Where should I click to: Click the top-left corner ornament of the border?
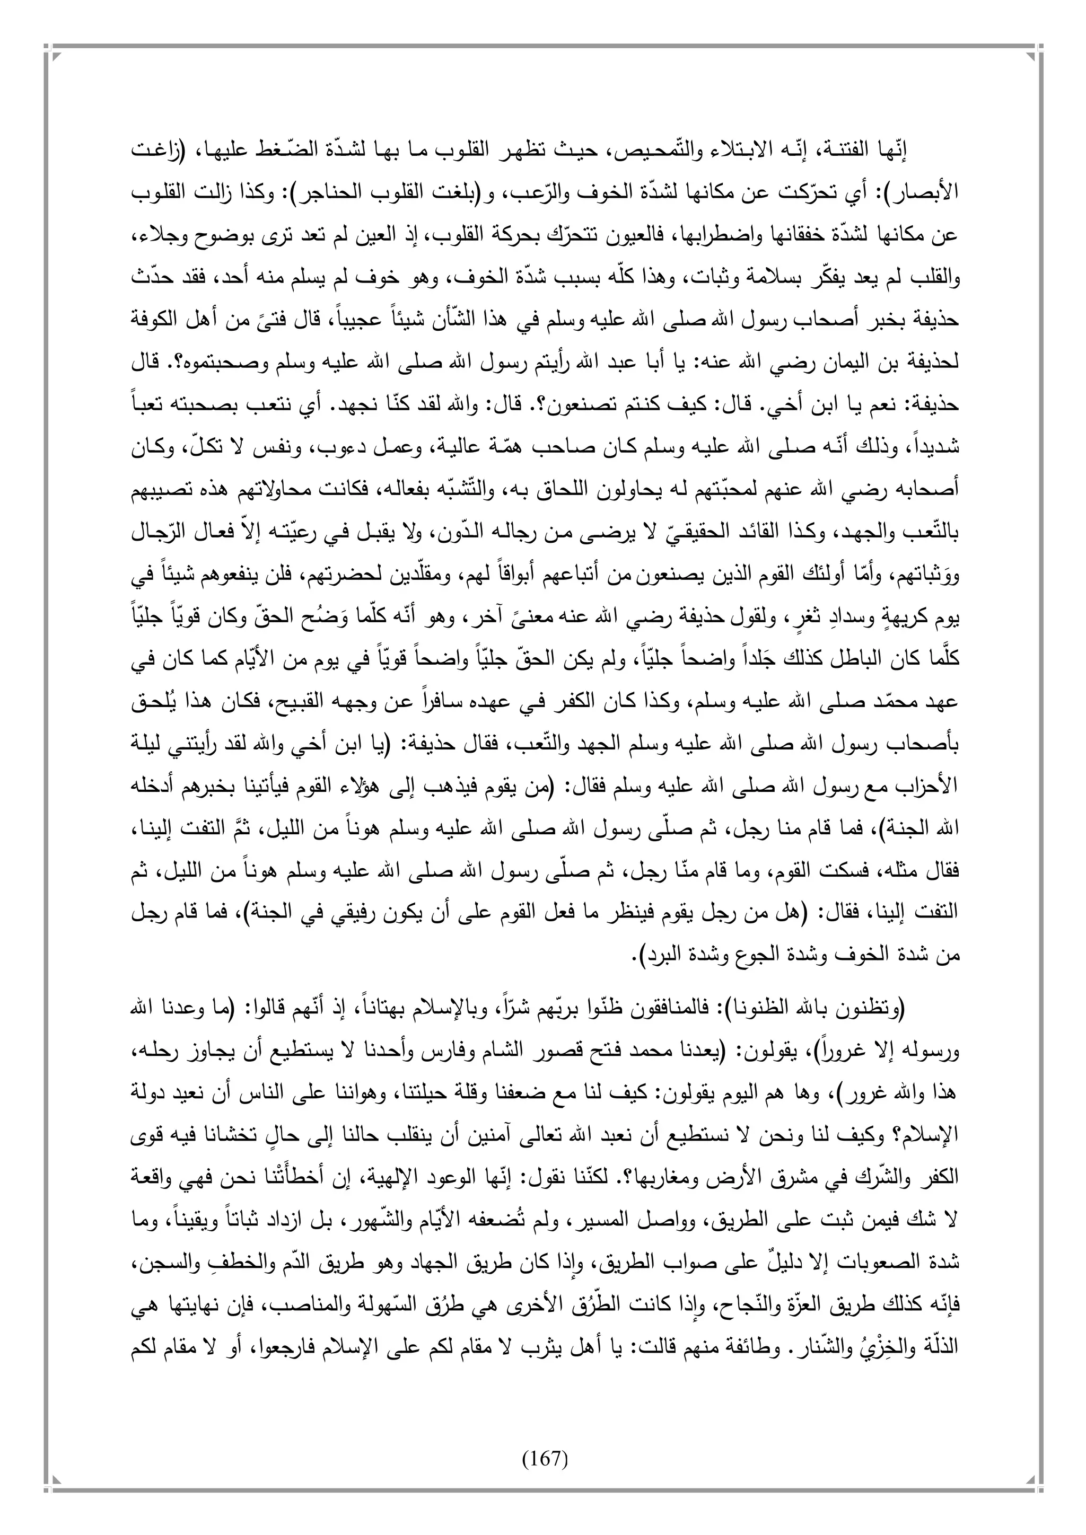[53, 52]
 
